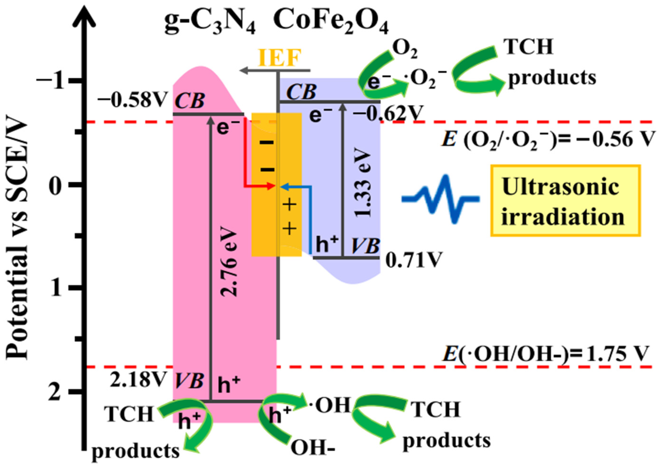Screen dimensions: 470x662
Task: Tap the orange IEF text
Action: [279, 58]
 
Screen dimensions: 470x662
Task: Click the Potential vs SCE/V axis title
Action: [17, 240]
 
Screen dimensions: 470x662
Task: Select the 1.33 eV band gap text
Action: [362, 184]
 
